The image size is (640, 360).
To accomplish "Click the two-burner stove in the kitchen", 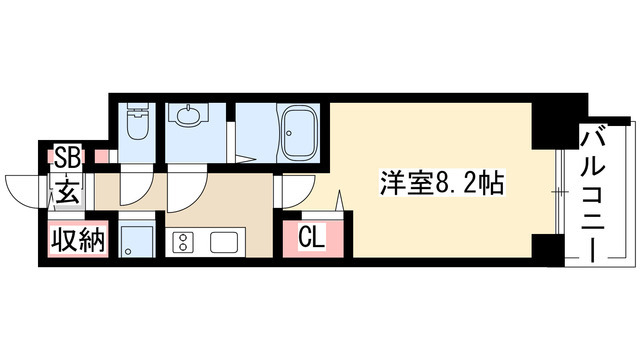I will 185,242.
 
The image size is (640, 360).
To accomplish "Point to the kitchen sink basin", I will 221,242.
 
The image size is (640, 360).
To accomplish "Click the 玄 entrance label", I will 66,190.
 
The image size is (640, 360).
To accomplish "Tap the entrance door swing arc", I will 22,187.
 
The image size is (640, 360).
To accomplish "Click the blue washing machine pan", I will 135,241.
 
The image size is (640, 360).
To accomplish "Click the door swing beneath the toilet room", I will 136,187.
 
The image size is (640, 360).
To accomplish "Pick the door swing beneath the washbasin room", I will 185,187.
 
